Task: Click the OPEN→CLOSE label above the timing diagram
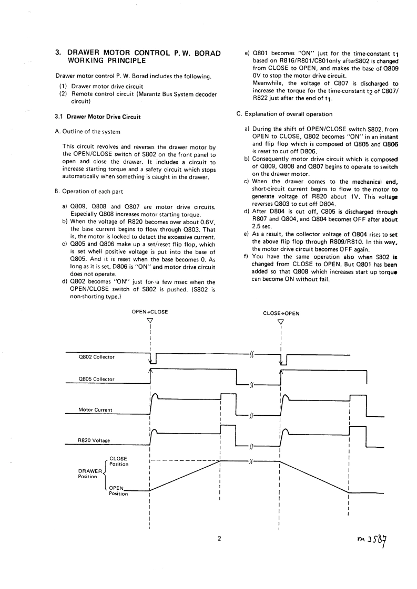click(x=150, y=311)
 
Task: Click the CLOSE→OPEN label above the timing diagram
click(x=281, y=313)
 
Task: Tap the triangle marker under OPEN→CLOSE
click(x=150, y=321)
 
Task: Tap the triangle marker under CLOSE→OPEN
click(x=281, y=322)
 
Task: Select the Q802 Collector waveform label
click(x=96, y=357)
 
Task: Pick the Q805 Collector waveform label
click(x=96, y=378)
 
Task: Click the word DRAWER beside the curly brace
click(x=90, y=471)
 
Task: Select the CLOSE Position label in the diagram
click(x=118, y=461)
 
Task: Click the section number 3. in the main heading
click(x=59, y=52)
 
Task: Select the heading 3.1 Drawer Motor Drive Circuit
click(x=98, y=116)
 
